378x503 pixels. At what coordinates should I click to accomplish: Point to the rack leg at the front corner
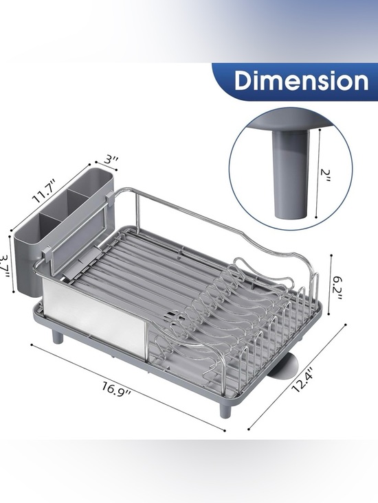225,408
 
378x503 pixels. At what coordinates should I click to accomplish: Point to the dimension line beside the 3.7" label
14,265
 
